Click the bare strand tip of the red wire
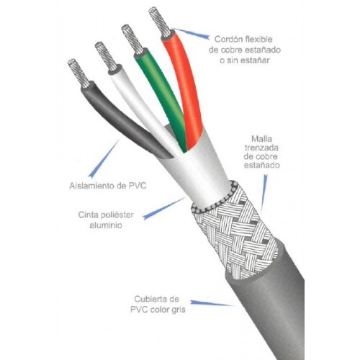click(159, 22)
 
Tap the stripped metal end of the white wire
click(106, 56)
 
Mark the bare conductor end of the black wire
click(78, 73)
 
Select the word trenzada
click(261, 148)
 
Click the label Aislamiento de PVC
click(108, 186)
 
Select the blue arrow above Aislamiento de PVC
click(104, 159)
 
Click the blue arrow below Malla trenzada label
click(264, 192)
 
